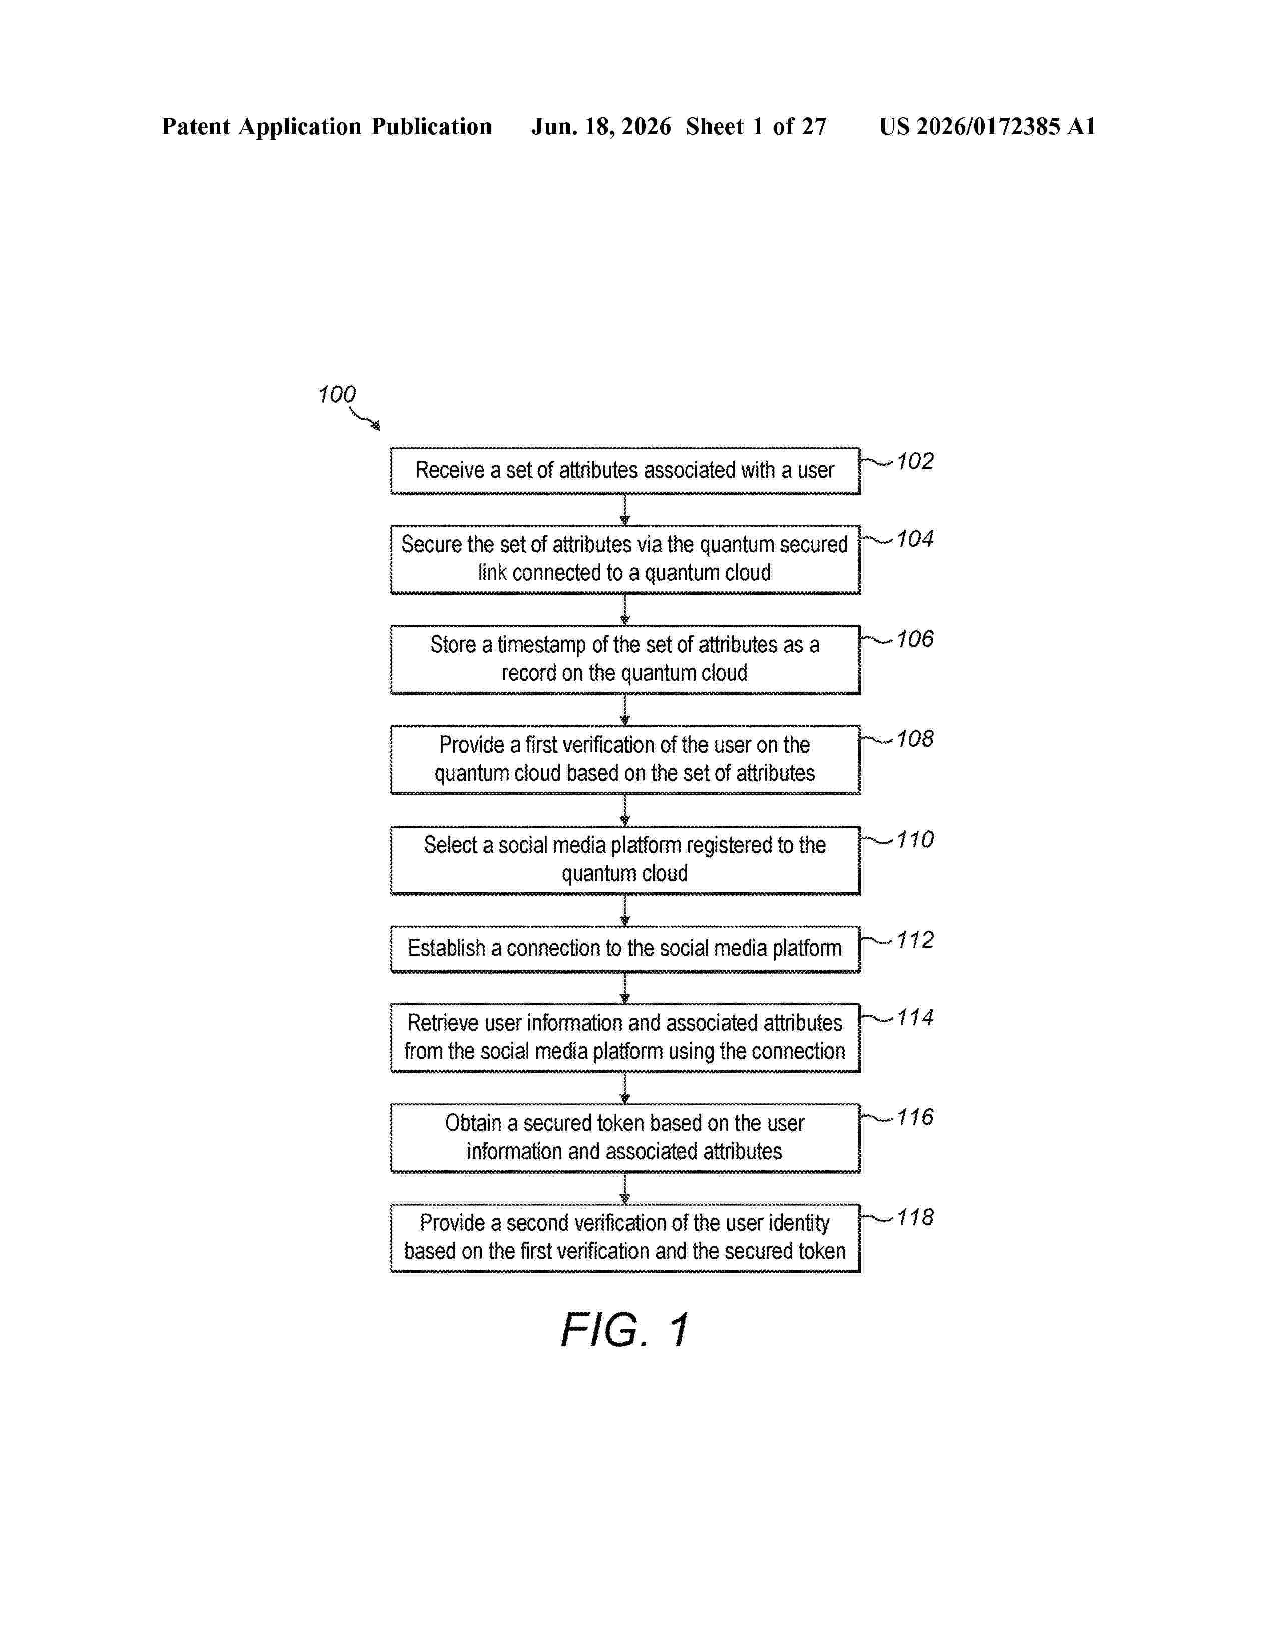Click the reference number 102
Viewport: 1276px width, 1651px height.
pyautogui.click(x=915, y=461)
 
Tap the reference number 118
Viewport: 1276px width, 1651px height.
pyautogui.click(x=915, y=1217)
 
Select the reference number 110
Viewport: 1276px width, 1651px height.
pyautogui.click(x=915, y=839)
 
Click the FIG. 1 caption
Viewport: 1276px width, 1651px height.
pyautogui.click(x=624, y=1330)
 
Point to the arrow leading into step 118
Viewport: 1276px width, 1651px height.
pyautogui.click(x=624, y=1188)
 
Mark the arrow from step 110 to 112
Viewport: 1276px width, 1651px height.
pyautogui.click(x=624, y=910)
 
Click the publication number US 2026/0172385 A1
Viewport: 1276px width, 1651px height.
pyautogui.click(x=987, y=126)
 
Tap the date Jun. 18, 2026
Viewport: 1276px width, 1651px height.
pyautogui.click(x=601, y=126)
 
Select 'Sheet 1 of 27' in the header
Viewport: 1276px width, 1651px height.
pyautogui.click(x=756, y=126)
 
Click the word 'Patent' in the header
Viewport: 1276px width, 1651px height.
pyautogui.click(x=196, y=126)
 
